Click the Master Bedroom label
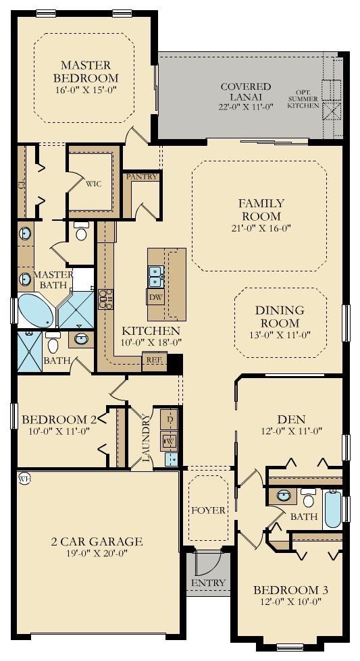point(85,71)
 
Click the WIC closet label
point(93,184)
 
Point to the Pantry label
point(141,177)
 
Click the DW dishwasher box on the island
point(154,297)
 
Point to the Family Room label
point(261,209)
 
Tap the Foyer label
point(208,510)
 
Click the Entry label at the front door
point(208,583)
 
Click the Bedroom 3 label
point(290,591)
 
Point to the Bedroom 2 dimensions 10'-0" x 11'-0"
point(59,431)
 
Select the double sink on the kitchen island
point(155,275)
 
